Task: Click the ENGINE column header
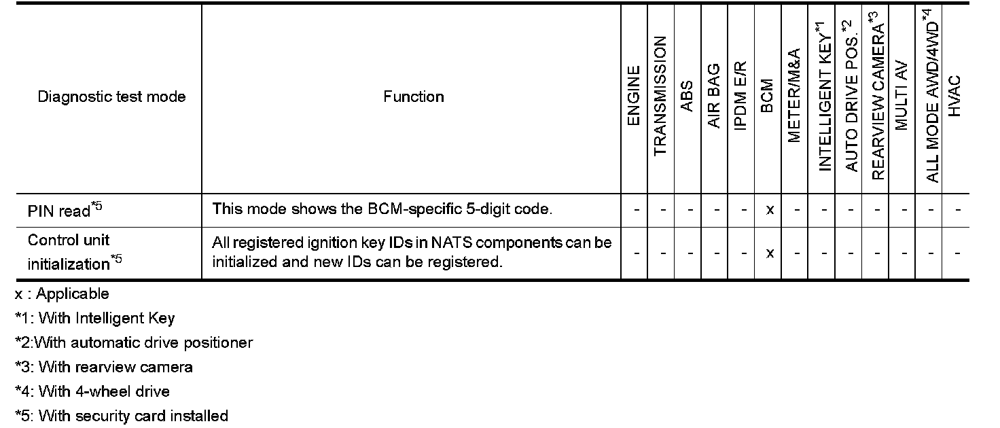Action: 634,96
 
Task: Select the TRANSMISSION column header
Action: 660,96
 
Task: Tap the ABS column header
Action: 687,96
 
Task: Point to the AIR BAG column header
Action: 714,96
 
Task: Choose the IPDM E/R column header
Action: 741,96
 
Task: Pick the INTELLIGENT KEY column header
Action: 823,99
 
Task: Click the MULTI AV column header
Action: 902,96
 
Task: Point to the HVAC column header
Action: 955,96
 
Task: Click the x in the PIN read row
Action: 769,210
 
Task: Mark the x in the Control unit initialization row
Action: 769,253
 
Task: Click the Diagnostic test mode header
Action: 111,96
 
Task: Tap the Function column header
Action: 413,96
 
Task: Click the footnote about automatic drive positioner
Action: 134,342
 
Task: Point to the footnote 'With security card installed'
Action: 122,416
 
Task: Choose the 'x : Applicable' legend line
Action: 62,293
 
